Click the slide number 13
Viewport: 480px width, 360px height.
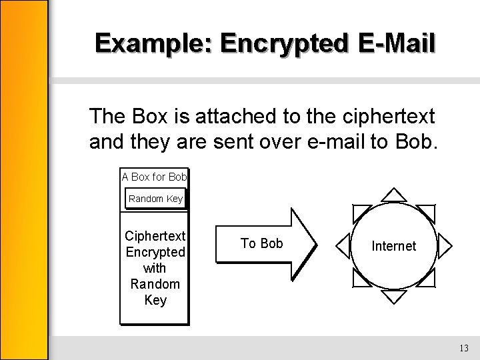(x=464, y=349)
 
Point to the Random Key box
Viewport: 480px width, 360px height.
(x=155, y=199)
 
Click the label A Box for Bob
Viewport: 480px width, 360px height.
(x=155, y=177)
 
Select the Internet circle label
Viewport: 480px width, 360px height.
(x=393, y=246)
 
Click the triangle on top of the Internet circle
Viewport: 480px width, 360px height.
(x=394, y=194)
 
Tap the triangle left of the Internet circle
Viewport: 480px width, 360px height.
(x=343, y=245)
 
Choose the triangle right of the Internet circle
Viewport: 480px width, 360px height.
(x=445, y=245)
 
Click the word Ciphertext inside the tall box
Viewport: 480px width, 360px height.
(x=155, y=236)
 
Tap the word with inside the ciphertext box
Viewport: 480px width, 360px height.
(x=155, y=268)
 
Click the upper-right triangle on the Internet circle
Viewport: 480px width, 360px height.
(x=427, y=213)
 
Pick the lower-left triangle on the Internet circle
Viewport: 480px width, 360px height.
(x=361, y=278)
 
